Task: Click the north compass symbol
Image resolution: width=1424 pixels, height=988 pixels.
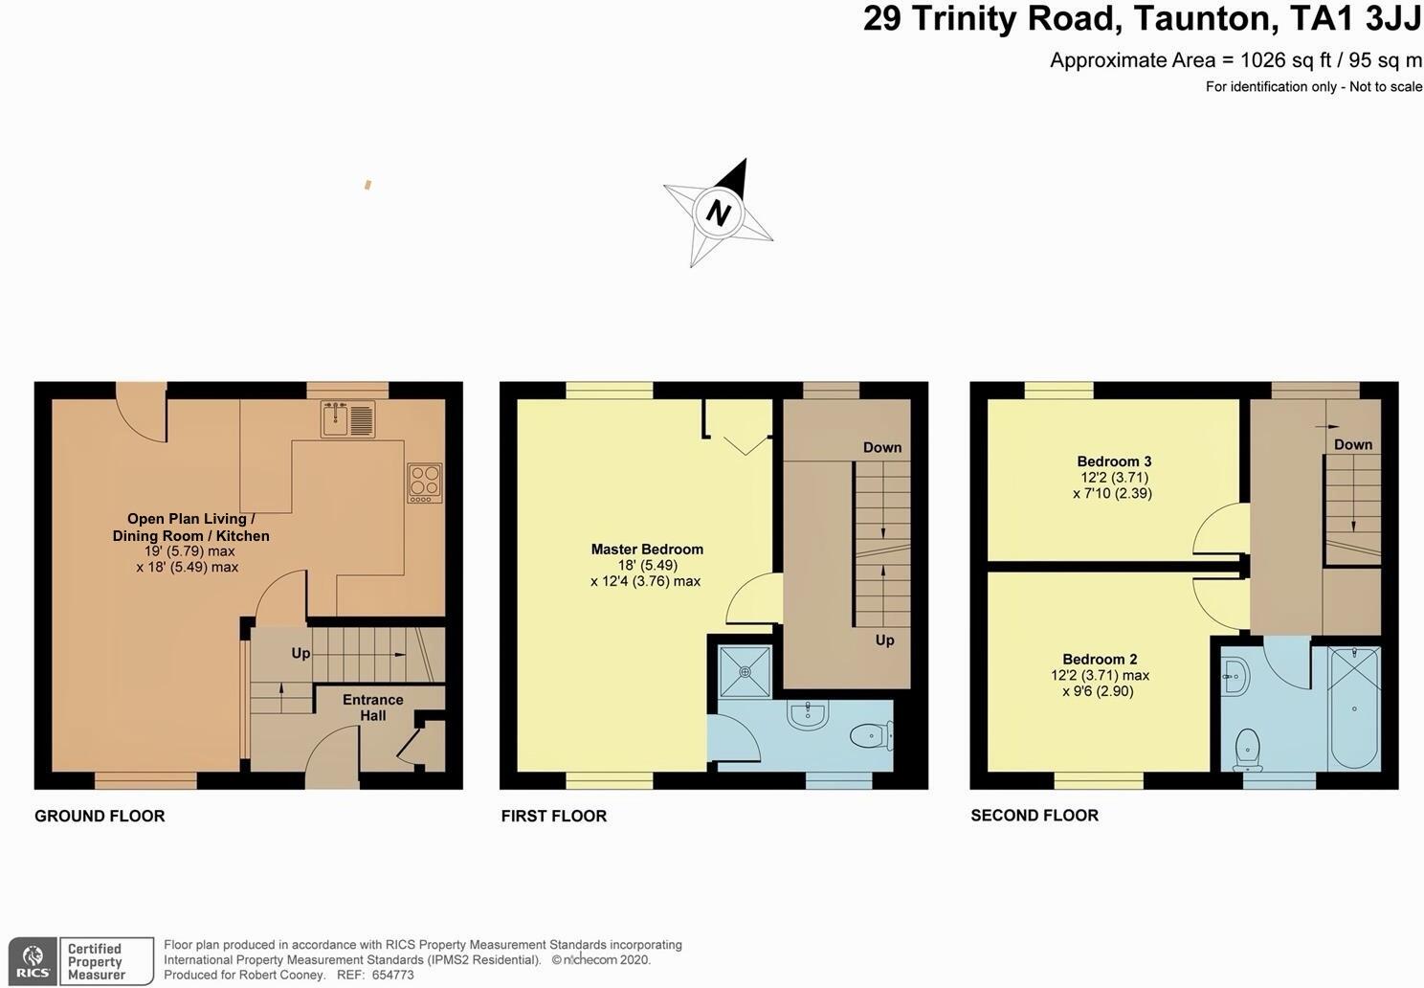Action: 718,213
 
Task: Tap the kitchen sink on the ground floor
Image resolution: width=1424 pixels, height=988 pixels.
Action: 349,419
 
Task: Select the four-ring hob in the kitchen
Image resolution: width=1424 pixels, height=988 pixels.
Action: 425,483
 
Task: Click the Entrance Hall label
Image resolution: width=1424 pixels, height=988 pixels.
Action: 372,707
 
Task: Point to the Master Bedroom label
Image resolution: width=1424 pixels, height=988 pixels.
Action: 647,550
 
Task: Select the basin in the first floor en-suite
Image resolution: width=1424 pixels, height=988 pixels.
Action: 809,713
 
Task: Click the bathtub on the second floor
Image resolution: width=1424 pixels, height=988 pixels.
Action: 1354,708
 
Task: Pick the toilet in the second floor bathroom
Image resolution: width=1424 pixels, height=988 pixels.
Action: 1248,750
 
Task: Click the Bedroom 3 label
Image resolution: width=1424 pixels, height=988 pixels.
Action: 1114,461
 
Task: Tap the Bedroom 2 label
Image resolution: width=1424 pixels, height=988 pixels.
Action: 1100,659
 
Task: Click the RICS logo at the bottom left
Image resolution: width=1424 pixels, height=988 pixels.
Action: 34,960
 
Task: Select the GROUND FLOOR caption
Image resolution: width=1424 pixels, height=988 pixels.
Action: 100,816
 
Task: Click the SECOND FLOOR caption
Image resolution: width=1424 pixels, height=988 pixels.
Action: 1035,816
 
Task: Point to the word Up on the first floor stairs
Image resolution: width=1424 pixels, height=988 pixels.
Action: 884,640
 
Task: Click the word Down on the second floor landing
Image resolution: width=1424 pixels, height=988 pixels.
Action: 1353,444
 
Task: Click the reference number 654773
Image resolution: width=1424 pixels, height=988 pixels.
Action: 392,975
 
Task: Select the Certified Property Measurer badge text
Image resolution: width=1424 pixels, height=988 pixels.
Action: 96,961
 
